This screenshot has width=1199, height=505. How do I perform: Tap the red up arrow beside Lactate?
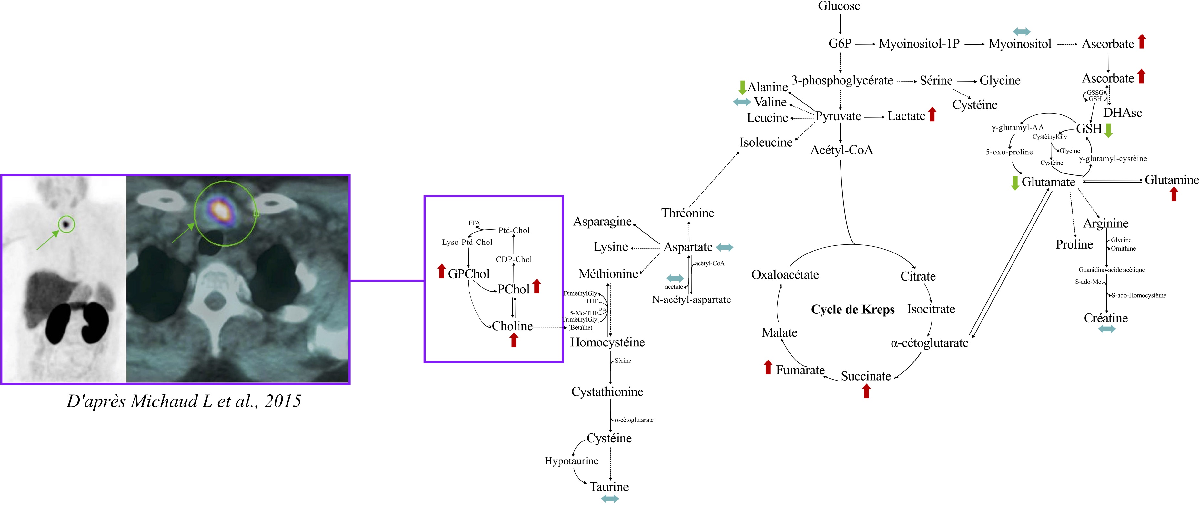click(932, 114)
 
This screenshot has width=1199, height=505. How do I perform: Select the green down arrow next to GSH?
click(1108, 130)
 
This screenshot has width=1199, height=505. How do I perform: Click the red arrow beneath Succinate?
click(866, 391)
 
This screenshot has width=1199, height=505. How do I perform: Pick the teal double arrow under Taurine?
click(610, 499)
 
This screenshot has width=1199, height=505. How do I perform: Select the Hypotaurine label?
click(571, 461)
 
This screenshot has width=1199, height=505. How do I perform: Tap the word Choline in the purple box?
click(512, 326)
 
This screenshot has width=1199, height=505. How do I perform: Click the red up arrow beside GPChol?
click(442, 271)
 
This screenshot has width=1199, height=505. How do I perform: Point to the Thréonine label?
click(688, 213)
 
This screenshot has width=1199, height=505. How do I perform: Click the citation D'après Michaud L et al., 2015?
click(184, 401)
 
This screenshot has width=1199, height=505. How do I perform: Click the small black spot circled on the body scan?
click(66, 224)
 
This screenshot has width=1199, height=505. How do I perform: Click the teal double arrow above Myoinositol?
click(1022, 32)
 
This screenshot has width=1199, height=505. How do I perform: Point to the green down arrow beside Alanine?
click(742, 87)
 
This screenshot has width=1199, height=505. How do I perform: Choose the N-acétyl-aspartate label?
click(691, 300)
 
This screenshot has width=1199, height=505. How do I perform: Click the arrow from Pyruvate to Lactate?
click(874, 117)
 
